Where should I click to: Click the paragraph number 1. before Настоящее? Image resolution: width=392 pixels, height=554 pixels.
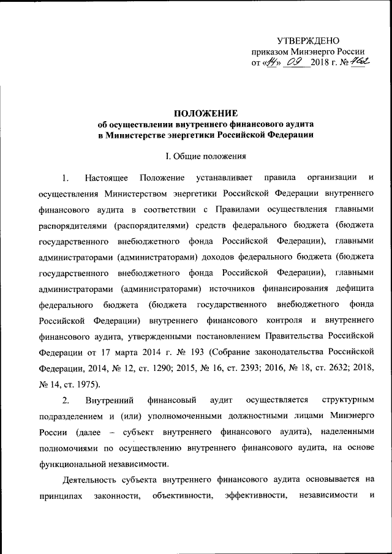point(66,178)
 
